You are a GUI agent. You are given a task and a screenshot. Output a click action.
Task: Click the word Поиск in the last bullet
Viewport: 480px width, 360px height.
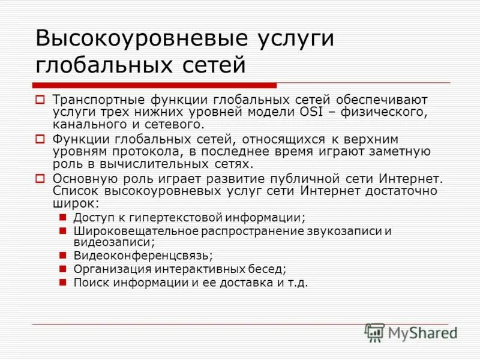[x=90, y=282]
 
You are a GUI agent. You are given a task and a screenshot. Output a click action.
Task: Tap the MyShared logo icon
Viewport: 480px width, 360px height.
[x=375, y=332]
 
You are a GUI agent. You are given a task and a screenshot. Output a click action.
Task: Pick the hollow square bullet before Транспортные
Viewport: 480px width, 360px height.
[x=40, y=99]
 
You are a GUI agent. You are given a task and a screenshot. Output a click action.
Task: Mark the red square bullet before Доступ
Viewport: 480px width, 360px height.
[x=62, y=217]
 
